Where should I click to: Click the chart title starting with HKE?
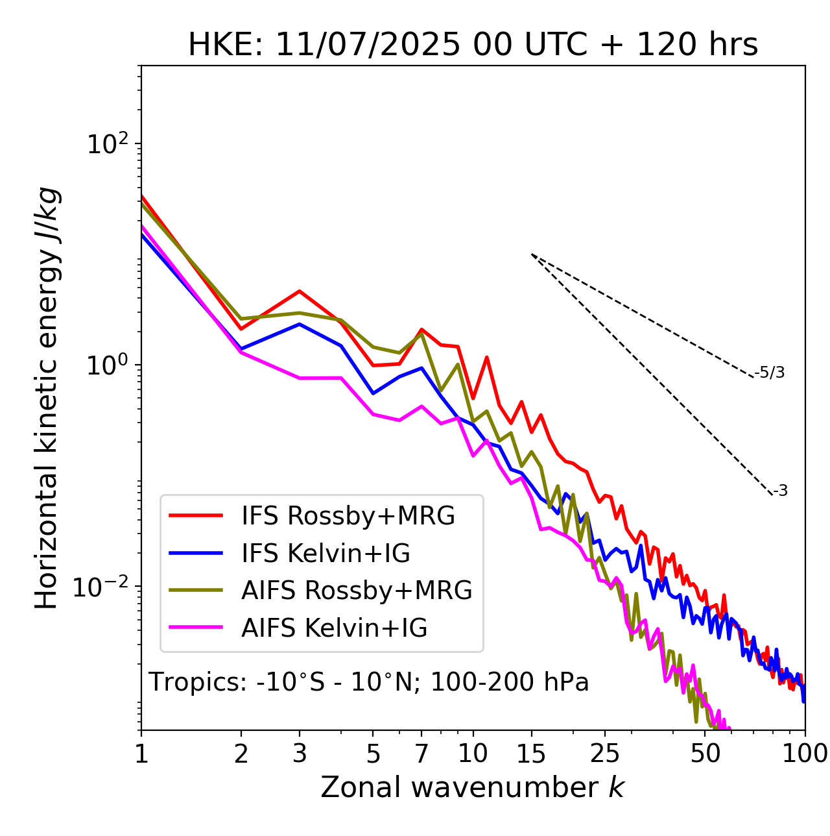473,45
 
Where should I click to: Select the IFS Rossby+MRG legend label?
348,516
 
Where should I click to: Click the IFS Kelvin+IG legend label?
326,553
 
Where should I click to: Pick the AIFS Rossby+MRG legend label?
357,591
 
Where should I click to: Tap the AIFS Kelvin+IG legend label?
334,628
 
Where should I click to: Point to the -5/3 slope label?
770,373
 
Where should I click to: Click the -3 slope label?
780,491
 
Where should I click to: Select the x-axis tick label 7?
421,754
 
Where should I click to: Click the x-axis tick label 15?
532,754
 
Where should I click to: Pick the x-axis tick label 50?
705,754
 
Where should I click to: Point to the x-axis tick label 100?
805,754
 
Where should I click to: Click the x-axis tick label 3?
300,754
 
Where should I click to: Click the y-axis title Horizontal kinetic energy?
47,399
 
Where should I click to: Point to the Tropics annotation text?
368,683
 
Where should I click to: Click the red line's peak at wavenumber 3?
300,291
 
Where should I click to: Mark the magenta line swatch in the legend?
196,628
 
